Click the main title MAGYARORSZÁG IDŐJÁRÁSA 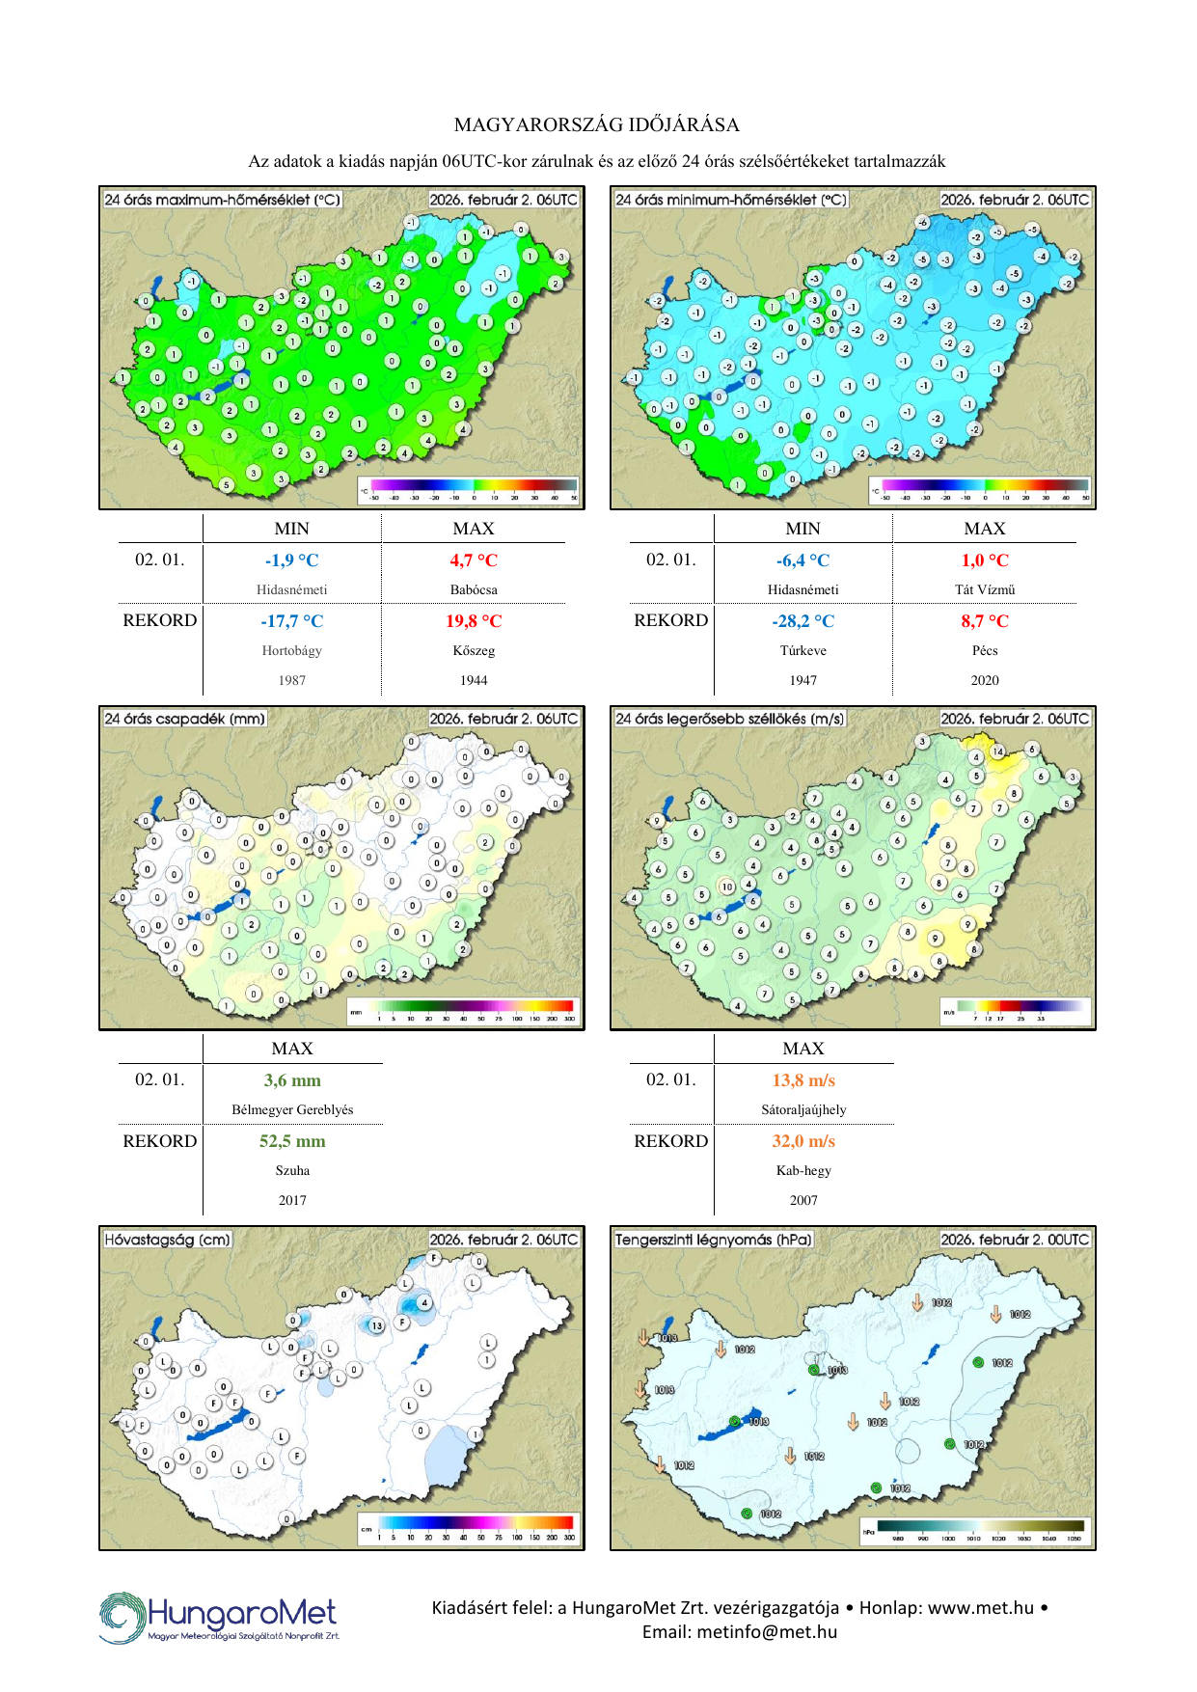point(597,124)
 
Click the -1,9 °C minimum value point(291,560)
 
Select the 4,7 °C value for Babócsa point(474,560)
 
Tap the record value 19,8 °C point(474,621)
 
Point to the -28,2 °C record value point(803,621)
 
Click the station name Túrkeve point(803,651)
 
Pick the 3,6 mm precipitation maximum point(292,1080)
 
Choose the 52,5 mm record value point(292,1141)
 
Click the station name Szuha point(292,1171)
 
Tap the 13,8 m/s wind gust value point(803,1080)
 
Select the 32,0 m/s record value point(803,1141)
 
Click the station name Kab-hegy point(803,1171)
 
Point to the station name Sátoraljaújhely point(803,1110)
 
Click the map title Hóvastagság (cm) point(168,1240)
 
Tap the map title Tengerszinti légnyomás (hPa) point(714,1240)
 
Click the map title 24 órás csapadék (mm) point(184,719)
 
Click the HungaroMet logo point(219,1617)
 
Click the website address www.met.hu point(981,1608)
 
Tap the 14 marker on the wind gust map point(997,751)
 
